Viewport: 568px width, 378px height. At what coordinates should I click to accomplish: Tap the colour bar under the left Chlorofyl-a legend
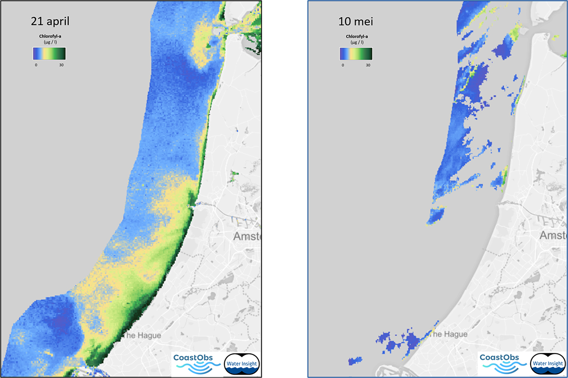click(49, 53)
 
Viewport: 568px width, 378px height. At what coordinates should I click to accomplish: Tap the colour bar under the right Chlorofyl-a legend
click(355, 53)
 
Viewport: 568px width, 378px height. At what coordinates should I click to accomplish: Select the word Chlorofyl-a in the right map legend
click(356, 36)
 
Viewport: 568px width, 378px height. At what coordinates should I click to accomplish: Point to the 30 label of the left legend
click(62, 65)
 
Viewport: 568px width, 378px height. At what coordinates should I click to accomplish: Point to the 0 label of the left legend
click(36, 65)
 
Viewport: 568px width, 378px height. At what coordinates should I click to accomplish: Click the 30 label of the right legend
click(368, 65)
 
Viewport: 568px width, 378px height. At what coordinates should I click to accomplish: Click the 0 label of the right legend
click(343, 65)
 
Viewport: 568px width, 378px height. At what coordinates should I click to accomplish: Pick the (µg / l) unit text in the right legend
click(356, 42)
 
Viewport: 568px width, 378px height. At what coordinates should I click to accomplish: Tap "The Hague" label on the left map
click(142, 335)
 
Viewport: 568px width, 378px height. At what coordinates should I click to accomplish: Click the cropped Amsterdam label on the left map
click(247, 236)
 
